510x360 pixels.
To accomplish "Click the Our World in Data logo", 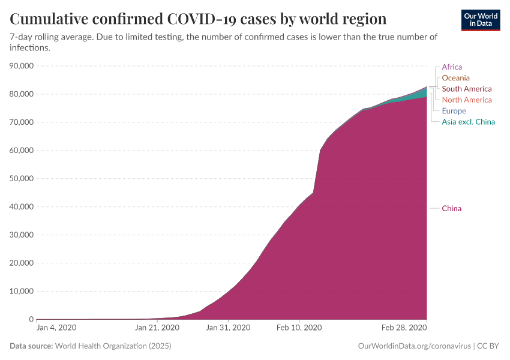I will click(481, 20).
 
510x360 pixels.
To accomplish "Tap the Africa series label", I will click(452, 67).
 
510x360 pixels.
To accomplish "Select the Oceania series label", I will click(455, 78).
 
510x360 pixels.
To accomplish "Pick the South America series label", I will click(466, 89).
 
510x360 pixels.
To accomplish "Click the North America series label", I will click(466, 100).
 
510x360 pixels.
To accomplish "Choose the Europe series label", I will click(454, 111).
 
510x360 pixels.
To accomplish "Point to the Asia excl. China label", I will click(468, 122).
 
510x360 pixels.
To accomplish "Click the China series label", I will click(451, 209).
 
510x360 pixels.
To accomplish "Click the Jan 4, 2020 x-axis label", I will click(56, 328).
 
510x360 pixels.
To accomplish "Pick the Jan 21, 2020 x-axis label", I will click(157, 328).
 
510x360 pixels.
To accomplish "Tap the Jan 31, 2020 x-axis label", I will click(228, 328).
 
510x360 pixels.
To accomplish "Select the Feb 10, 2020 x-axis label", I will click(299, 328).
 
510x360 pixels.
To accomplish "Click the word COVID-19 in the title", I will click(200, 19).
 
